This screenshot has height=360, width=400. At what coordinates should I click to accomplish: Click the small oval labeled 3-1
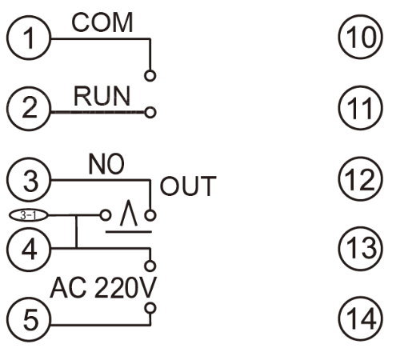(29, 215)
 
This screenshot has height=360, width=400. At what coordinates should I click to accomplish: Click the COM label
(102, 23)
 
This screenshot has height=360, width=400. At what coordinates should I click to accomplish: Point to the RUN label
(102, 96)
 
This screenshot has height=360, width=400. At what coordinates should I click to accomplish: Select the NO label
(106, 164)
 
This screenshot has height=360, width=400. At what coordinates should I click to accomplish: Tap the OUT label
(188, 186)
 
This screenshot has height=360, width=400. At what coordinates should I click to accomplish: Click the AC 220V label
(103, 288)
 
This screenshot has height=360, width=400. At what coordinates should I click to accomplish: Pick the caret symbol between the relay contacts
(129, 213)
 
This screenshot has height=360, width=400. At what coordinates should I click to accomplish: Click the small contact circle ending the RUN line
(150, 112)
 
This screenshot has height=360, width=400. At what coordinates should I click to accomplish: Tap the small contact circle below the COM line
(150, 76)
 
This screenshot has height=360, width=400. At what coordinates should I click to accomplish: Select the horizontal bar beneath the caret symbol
(129, 232)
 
